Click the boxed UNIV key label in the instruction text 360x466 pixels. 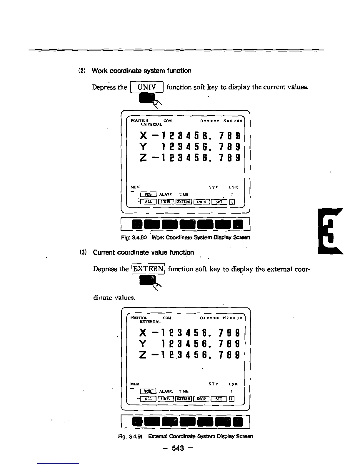pyautogui.click(x=146, y=87)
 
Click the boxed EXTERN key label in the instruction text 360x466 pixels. pyautogui.click(x=148, y=269)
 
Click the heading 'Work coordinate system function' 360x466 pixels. pyautogui.click(x=141, y=71)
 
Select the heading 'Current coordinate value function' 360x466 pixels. pyautogui.click(x=143, y=253)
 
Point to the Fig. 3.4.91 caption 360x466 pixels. pyautogui.click(x=185, y=436)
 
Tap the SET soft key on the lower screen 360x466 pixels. pyautogui.click(x=219, y=399)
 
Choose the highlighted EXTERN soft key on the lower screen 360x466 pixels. pyautogui.click(x=184, y=399)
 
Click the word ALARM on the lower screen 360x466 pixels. pyautogui.click(x=166, y=391)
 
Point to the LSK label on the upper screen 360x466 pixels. pyautogui.click(x=233, y=187)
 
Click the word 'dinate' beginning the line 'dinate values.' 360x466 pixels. pyautogui.click(x=102, y=297)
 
